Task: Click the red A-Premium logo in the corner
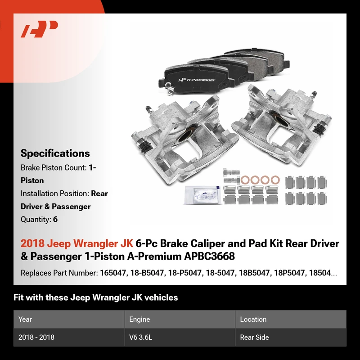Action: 39,29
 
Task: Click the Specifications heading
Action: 55,153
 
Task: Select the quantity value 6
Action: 55,219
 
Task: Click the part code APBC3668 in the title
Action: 209,256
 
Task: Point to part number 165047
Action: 113,273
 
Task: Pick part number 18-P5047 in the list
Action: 184,273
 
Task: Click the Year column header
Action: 25,319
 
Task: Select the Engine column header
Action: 139,319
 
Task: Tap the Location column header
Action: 253,319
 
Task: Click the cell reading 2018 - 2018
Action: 36,337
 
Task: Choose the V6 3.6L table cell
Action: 140,337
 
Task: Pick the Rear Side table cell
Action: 254,337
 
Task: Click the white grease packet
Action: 203,195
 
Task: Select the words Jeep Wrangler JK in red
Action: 90,243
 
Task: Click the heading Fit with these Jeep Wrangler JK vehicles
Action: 95,297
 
